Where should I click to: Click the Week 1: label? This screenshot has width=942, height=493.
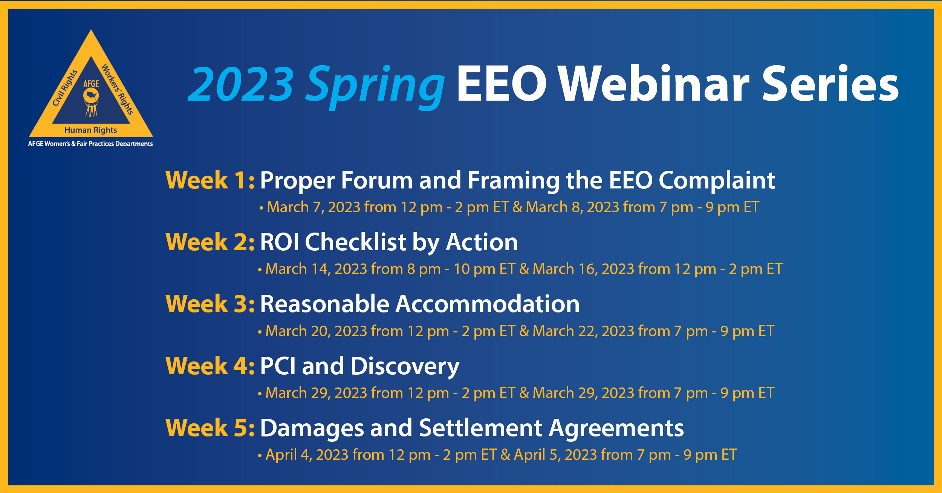coord(210,180)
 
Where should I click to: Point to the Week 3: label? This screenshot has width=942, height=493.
coord(210,304)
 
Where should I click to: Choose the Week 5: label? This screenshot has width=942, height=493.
coord(210,428)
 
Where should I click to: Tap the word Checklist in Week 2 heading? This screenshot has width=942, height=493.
coord(355,242)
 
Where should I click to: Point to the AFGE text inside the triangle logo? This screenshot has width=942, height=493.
coord(91,84)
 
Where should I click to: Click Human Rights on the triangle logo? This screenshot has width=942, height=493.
coord(91,130)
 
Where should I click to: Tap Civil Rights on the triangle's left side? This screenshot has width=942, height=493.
coord(65,88)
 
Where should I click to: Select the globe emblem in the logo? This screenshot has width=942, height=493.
coord(91,95)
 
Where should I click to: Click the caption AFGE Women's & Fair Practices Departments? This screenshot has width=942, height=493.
coord(90,144)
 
